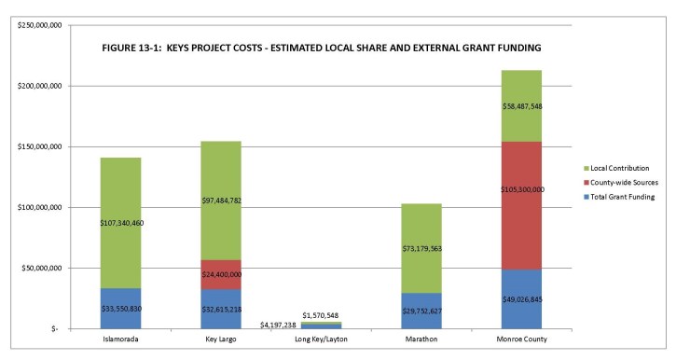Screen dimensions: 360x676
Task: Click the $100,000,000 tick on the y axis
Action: (x=35, y=207)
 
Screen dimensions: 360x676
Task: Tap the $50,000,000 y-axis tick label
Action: (x=37, y=268)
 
